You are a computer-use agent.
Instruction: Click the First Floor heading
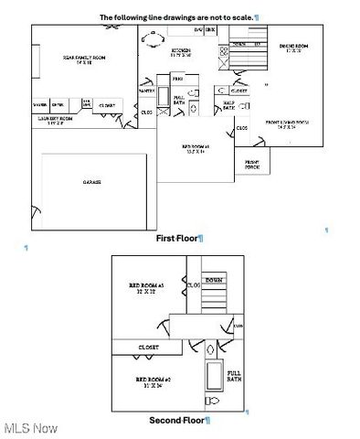click(x=176, y=238)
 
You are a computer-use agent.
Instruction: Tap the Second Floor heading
click(x=179, y=420)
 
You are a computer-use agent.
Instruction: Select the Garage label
click(x=91, y=182)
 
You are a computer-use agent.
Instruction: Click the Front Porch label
click(x=252, y=166)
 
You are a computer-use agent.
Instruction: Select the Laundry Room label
click(x=58, y=120)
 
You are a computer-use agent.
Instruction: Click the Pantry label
click(x=146, y=91)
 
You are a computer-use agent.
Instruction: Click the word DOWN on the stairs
click(x=214, y=280)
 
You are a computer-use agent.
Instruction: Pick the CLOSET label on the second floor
click(x=149, y=348)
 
